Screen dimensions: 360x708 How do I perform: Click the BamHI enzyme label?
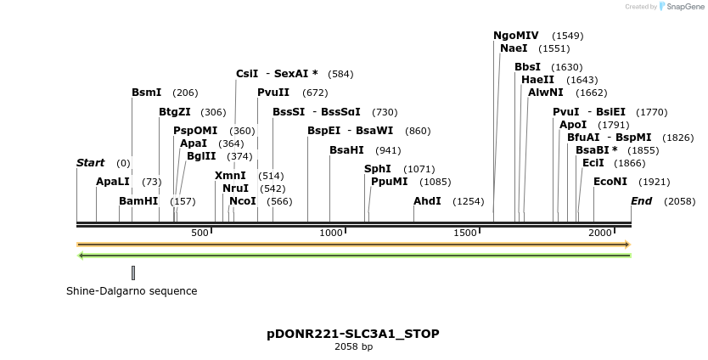(x=138, y=201)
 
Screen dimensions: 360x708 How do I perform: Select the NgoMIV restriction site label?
(x=516, y=36)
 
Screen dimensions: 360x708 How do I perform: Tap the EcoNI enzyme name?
(x=610, y=182)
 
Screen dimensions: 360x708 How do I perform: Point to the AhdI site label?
(x=427, y=201)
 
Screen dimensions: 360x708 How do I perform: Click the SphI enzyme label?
(x=378, y=169)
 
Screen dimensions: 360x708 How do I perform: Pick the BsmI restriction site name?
(x=146, y=92)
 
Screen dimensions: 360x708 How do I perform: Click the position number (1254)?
(x=469, y=201)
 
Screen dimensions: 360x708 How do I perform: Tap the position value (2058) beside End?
(x=679, y=201)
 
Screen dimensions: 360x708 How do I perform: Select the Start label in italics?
(x=90, y=163)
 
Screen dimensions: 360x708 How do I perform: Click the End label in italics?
(x=641, y=201)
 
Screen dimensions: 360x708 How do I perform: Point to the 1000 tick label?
(x=330, y=233)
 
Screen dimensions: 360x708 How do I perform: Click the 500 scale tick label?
(x=199, y=233)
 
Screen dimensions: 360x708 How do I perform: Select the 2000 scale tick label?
(x=600, y=233)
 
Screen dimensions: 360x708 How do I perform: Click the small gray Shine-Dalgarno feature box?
(x=133, y=273)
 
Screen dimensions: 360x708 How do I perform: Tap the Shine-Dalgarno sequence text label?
(x=132, y=291)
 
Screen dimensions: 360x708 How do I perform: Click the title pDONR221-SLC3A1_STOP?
(x=353, y=334)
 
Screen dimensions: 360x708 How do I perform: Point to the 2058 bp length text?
(x=353, y=346)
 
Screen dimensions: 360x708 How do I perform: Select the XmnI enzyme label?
(x=230, y=176)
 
